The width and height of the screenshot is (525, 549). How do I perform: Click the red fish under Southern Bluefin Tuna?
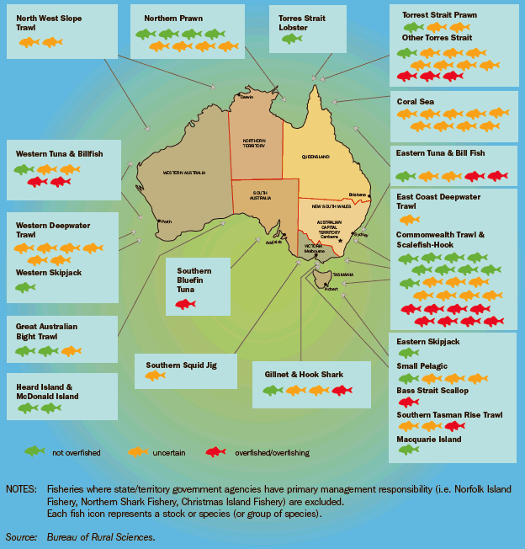coord(185,303)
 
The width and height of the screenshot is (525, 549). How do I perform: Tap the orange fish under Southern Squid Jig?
coord(155,376)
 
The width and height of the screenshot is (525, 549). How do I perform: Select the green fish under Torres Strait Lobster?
coord(292,39)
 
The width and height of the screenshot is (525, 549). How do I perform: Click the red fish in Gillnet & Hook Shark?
coord(342,390)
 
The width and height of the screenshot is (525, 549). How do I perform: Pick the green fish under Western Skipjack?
coord(25,287)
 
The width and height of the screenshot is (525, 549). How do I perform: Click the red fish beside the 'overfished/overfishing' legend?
coord(216,451)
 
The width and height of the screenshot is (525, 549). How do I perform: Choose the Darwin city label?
coord(246,97)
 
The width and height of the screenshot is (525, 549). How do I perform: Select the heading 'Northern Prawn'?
coord(173,18)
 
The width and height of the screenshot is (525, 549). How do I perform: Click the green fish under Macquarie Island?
coord(409,450)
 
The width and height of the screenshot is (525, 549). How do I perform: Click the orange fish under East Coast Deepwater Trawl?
coord(409,219)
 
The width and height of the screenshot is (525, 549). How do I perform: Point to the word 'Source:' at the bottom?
coord(21,536)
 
